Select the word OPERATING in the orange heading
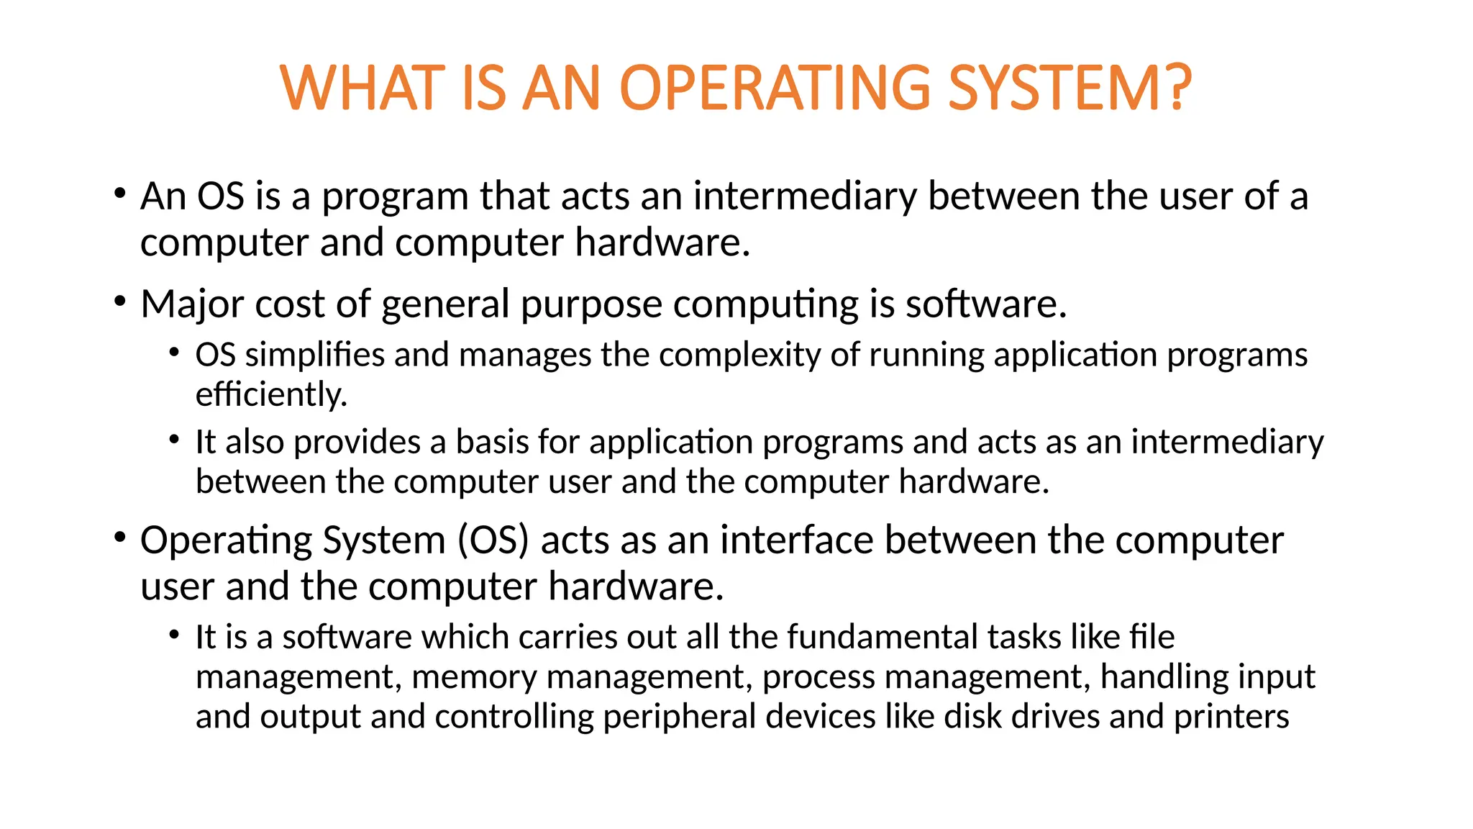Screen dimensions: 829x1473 [775, 88]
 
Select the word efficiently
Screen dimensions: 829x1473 [271, 394]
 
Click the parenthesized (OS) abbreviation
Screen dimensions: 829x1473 [493, 540]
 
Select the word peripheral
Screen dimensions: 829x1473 [679, 717]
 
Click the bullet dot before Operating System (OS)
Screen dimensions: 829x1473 [120, 537]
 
